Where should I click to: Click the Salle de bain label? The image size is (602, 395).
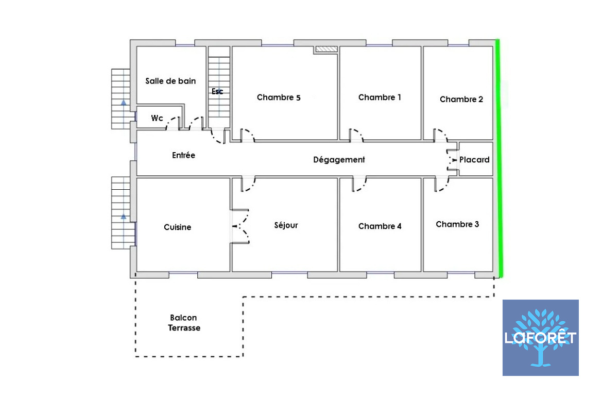pyautogui.click(x=170, y=81)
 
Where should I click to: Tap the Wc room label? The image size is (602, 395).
pyautogui.click(x=157, y=118)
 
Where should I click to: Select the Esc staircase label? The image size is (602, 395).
pyautogui.click(x=217, y=91)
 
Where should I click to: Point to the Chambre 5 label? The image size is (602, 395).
pyautogui.click(x=279, y=97)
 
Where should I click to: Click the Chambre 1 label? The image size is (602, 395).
pyautogui.click(x=380, y=97)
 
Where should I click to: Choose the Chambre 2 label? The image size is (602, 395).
pyautogui.click(x=461, y=99)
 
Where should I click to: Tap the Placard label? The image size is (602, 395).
pyautogui.click(x=474, y=160)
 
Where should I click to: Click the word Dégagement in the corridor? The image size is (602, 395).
pyautogui.click(x=339, y=160)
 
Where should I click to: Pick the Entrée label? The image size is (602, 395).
pyautogui.click(x=183, y=155)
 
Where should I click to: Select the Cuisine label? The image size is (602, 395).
pyautogui.click(x=177, y=227)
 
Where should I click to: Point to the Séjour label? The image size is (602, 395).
pyautogui.click(x=286, y=225)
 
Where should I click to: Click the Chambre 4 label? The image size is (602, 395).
pyautogui.click(x=380, y=226)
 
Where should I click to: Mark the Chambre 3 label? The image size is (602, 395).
pyautogui.click(x=457, y=224)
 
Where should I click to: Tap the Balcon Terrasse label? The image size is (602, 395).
pyautogui.click(x=184, y=323)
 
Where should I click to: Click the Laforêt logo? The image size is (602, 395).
pyautogui.click(x=541, y=338)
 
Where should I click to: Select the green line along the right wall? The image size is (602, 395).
pyautogui.click(x=498, y=158)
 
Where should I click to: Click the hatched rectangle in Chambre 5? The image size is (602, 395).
pyautogui.click(x=326, y=49)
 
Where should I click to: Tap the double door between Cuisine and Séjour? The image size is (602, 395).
pyautogui.click(x=240, y=226)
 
